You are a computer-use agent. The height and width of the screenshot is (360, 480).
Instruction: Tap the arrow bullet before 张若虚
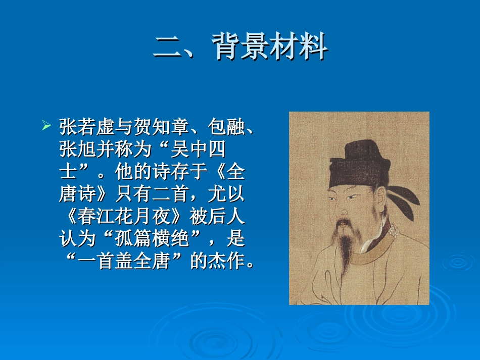(x=46, y=125)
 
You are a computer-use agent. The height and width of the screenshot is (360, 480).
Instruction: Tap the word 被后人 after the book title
(x=217, y=217)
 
